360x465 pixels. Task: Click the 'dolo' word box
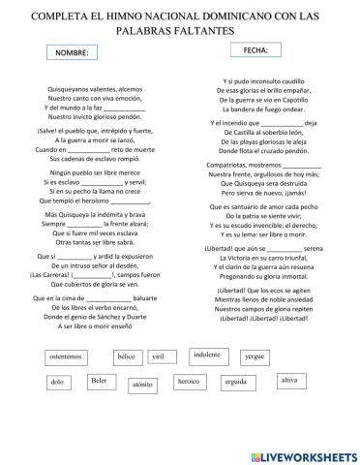[x=57, y=383]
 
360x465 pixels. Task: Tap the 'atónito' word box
[x=142, y=385]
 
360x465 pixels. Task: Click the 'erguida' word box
[x=237, y=382]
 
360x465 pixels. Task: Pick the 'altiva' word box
[x=287, y=380]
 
